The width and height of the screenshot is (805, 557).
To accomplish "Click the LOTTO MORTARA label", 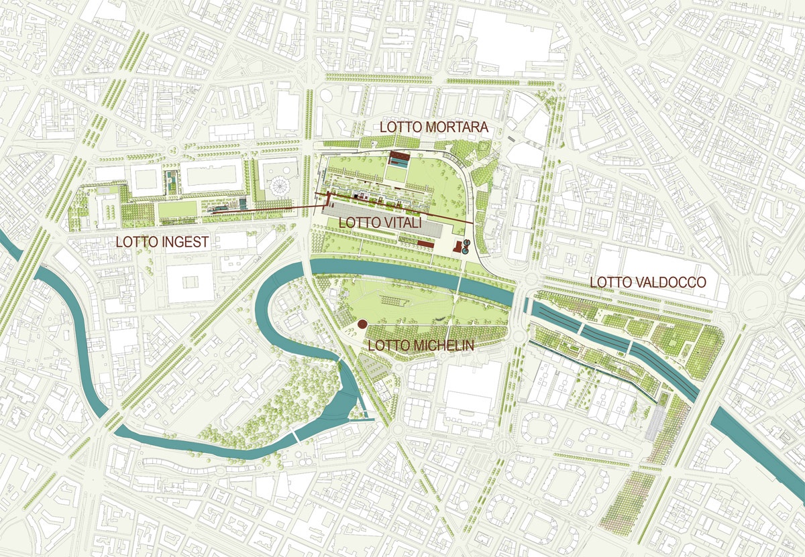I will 433,127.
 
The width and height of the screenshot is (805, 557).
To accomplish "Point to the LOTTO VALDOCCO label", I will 648,283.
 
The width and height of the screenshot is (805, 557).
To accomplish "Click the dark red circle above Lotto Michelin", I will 362,324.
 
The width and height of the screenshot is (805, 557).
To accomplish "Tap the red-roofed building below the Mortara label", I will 399,158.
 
